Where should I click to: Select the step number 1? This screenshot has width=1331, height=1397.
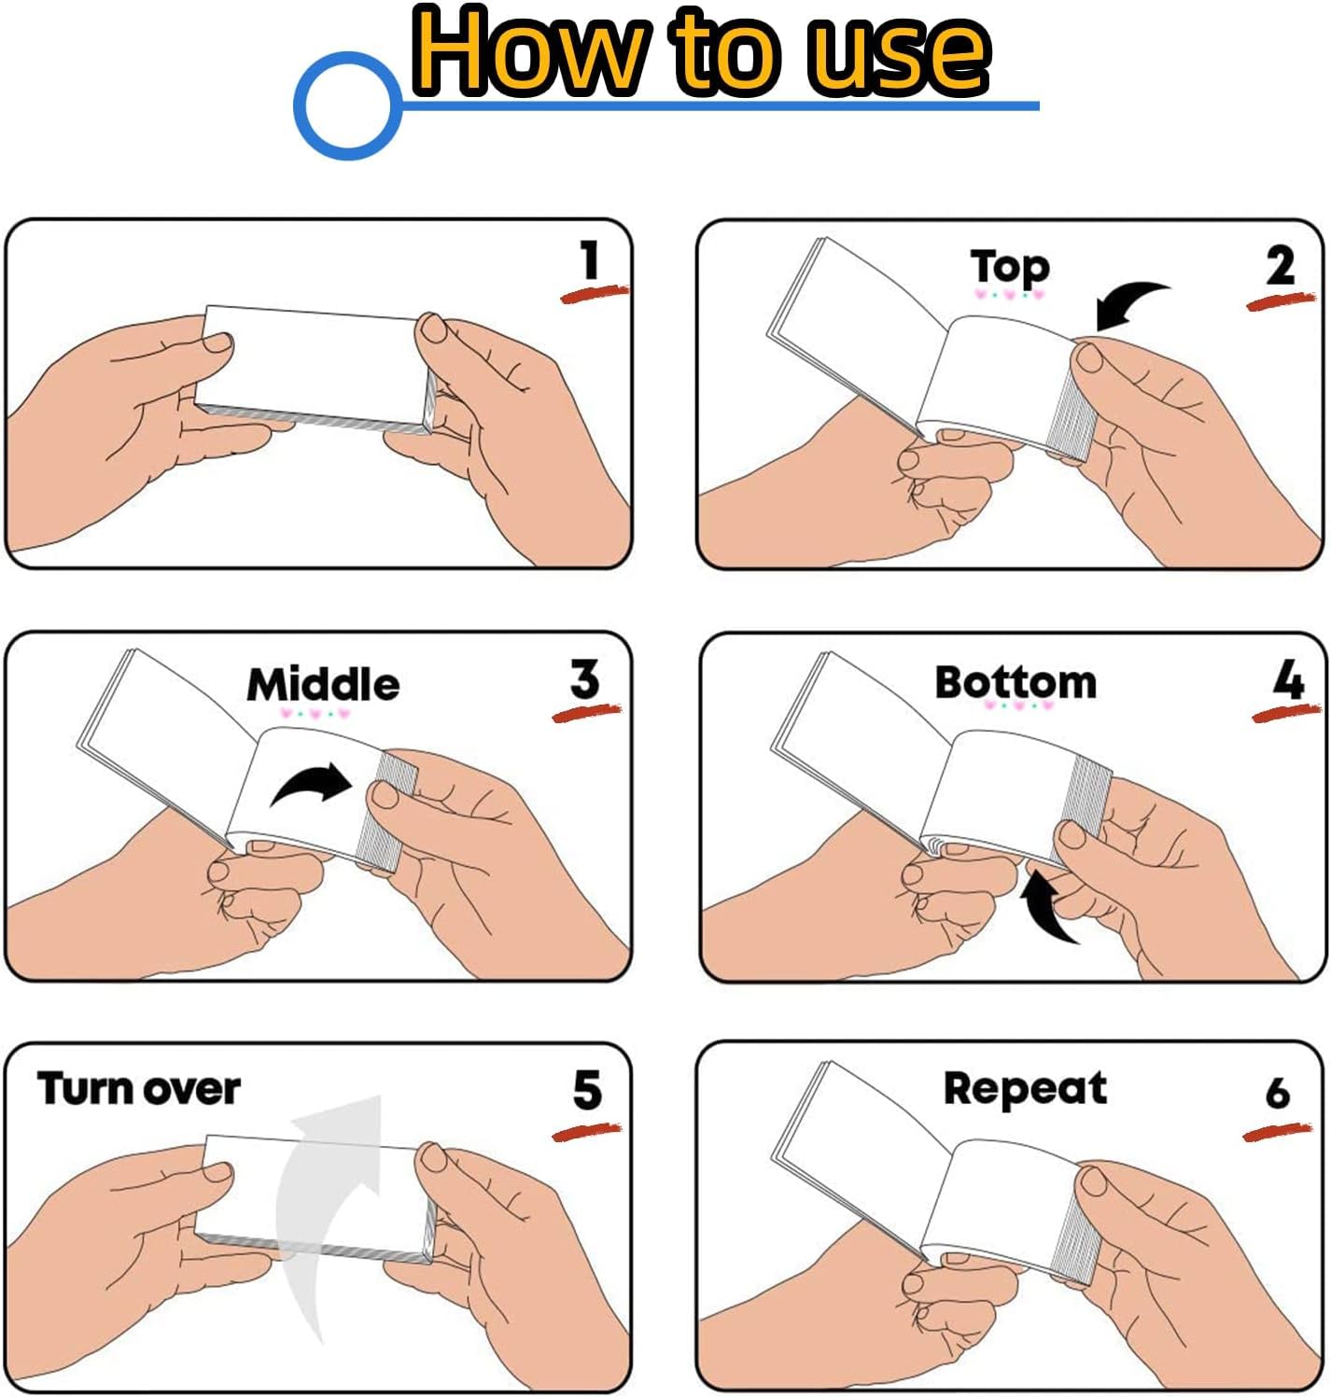(589, 259)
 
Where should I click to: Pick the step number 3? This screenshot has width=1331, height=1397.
(583, 678)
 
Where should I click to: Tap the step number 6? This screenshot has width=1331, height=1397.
(1277, 1092)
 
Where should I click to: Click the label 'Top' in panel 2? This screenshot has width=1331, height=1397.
(1009, 267)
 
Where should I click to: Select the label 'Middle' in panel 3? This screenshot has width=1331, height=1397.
(323, 684)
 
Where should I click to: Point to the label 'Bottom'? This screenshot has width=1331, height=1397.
(1016, 681)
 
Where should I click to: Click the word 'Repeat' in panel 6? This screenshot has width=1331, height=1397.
(1025, 1089)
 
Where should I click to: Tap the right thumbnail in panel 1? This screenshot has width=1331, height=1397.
(433, 328)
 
